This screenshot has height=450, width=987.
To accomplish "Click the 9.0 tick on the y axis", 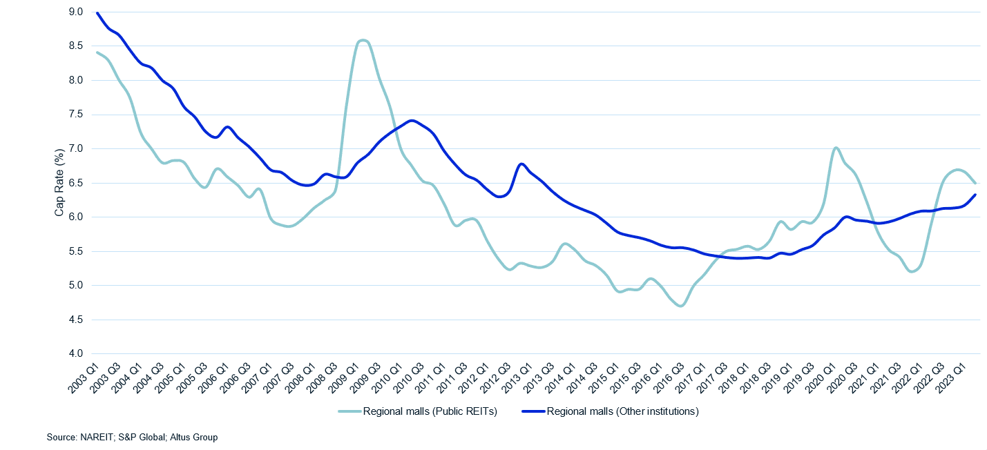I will click(75, 12).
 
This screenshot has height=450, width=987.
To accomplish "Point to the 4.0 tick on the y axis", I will click(75, 353).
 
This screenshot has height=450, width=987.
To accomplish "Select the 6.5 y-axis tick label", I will click(75, 183).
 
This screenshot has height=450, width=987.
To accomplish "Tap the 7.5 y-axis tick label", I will click(75, 115).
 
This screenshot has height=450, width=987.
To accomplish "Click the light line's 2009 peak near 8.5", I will click(363, 41).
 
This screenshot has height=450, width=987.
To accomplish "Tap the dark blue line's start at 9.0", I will click(97, 12).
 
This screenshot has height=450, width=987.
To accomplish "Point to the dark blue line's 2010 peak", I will click(412, 121).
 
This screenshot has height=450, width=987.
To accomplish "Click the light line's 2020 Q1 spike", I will click(836, 148).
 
